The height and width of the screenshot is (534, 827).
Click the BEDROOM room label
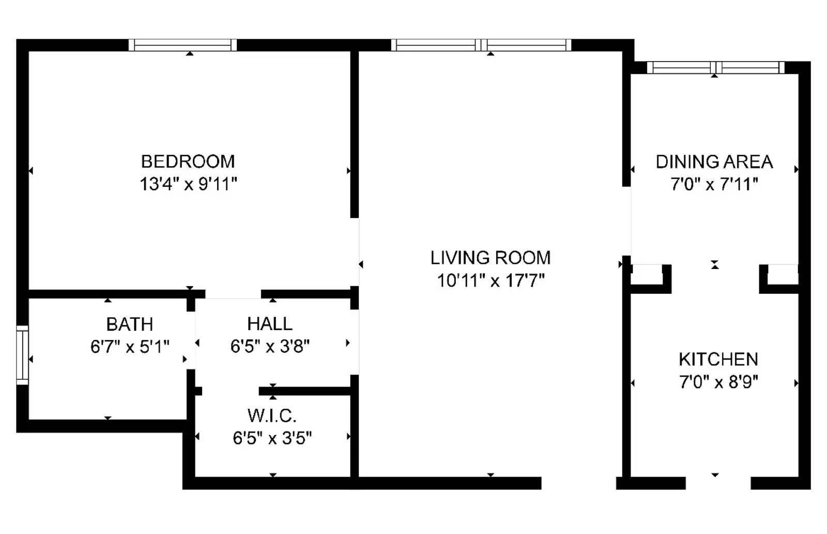click(188, 161)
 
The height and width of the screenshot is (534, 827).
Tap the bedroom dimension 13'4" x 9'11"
click(188, 184)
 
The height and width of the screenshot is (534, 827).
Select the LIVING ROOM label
click(491, 258)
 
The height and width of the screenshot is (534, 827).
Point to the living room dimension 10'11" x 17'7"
click(491, 280)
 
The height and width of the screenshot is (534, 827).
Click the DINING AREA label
click(714, 161)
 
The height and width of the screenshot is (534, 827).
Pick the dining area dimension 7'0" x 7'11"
click(714, 184)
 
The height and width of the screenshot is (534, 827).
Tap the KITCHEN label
click(718, 359)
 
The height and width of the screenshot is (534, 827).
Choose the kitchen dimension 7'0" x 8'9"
click(718, 382)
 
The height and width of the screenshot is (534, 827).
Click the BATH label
click(130, 324)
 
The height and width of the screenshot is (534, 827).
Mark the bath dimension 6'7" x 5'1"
click(130, 347)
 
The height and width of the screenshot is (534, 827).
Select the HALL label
click(269, 324)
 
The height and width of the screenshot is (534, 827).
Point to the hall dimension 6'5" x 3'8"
click(269, 346)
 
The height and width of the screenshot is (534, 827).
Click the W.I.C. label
click(272, 416)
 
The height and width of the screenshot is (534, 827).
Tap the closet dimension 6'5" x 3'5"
click(272, 438)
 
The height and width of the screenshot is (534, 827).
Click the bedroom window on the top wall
click(182, 44)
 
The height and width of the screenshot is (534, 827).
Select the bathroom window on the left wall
click(22, 355)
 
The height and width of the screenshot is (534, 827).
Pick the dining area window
click(716, 68)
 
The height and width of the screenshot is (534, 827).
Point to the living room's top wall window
click(481, 44)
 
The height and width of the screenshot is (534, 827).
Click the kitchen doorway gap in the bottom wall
click(718, 483)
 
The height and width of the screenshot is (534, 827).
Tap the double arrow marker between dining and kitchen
click(715, 264)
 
